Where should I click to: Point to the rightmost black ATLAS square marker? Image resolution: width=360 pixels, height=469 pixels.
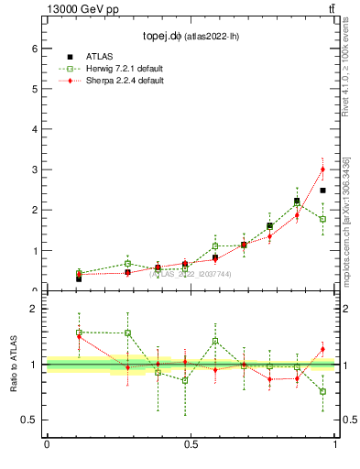322,191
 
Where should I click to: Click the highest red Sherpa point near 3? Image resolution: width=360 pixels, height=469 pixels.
322,169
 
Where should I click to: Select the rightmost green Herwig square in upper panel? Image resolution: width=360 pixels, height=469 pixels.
322,219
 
